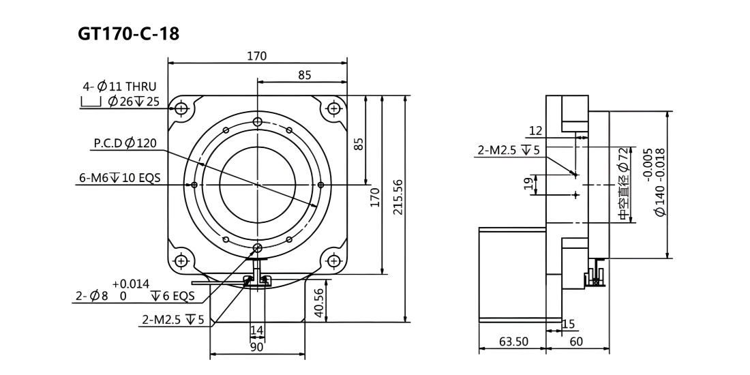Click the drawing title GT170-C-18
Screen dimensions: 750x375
128,34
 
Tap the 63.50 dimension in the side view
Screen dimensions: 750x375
513,342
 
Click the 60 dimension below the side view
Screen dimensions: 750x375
577,342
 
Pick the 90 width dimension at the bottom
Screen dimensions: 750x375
257,347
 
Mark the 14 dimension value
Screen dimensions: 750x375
257,331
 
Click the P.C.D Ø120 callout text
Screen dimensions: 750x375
125,143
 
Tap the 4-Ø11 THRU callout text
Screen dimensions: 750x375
119,87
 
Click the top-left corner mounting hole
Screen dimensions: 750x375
181,108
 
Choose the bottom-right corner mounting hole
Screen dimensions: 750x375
333,260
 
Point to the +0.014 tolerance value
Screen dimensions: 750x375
132,284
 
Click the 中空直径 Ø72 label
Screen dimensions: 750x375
622,183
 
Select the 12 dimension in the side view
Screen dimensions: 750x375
537,131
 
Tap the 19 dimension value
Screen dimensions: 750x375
528,184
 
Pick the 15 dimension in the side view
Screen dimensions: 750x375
569,325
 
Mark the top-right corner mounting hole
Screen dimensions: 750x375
333,108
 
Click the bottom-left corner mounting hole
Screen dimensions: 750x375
181,260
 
